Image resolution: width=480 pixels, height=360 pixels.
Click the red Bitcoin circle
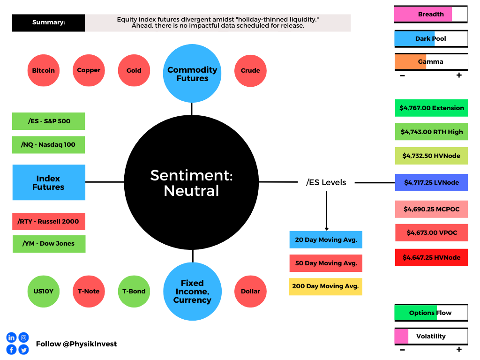(x=44, y=70)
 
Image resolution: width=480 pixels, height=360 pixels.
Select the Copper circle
(x=89, y=70)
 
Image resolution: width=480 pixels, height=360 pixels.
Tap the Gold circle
(x=134, y=70)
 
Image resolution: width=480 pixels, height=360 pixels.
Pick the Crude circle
(x=250, y=71)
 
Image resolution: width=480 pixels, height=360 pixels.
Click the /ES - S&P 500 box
(x=49, y=121)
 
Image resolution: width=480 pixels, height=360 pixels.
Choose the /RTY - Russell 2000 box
(x=49, y=221)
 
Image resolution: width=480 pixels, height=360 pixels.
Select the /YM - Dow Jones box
(x=49, y=244)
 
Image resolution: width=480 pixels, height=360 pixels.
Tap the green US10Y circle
(x=44, y=292)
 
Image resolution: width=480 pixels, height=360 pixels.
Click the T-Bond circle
(x=134, y=292)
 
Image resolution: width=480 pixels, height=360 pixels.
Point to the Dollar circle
(x=250, y=292)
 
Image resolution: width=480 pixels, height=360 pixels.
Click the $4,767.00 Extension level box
(x=431, y=108)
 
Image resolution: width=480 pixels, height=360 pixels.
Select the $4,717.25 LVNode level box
(x=431, y=182)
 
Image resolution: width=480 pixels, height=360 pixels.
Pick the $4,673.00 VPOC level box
(x=431, y=232)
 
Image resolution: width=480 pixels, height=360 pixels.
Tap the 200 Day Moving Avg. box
(x=326, y=286)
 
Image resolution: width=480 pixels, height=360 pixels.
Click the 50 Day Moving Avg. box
(x=326, y=263)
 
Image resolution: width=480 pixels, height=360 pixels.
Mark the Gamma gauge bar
(x=431, y=62)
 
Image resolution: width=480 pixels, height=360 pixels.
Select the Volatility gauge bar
(x=431, y=337)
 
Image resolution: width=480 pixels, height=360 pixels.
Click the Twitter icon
(x=23, y=350)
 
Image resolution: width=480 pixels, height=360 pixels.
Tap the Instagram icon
(x=23, y=337)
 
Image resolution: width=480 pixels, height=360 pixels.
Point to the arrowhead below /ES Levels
(x=327, y=229)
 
